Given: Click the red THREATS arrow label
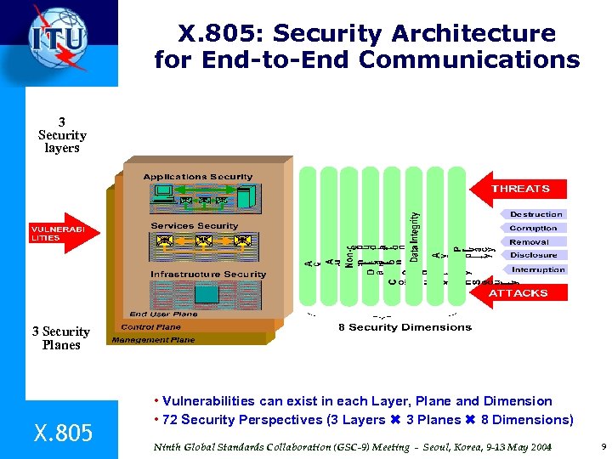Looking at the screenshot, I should [520, 189].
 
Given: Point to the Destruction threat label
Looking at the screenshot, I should [535, 214].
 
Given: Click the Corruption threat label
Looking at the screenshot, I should [533, 228].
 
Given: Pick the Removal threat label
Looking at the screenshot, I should [529, 241].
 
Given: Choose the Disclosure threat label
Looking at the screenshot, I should [533, 255].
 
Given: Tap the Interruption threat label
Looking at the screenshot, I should [537, 269].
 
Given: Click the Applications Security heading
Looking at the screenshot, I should [197, 177].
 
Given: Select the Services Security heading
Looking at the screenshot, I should [194, 226].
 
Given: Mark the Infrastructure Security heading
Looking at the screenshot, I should [208, 275].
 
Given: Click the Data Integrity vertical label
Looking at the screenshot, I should [414, 236].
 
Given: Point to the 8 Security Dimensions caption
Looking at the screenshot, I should [393, 327].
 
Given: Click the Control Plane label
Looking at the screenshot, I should [150, 326].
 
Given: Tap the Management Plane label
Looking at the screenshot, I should [152, 340].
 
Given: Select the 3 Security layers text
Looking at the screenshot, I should [62, 135].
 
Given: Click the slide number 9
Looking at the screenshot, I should [603, 446].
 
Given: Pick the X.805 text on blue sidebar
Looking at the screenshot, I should [63, 433].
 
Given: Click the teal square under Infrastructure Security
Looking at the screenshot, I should [207, 294].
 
